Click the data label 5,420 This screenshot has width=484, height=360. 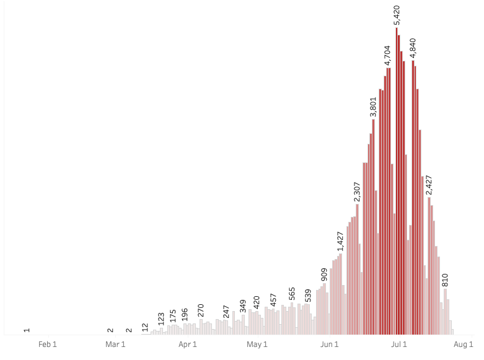[x=397, y=15]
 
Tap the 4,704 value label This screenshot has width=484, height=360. [x=387, y=55]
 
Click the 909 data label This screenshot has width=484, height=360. [x=324, y=274]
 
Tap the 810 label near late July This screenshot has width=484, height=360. [x=445, y=279]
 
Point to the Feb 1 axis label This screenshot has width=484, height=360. [x=48, y=344]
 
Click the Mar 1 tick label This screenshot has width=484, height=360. [x=116, y=344]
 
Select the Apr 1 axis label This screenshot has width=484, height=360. [x=188, y=344]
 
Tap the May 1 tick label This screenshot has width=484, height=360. [x=257, y=344]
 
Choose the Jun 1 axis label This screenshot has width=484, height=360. [x=329, y=344]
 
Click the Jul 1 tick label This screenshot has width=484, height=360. [x=398, y=344]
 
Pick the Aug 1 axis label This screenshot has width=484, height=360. [x=464, y=344]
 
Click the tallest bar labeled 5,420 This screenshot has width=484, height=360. [x=397, y=186]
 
